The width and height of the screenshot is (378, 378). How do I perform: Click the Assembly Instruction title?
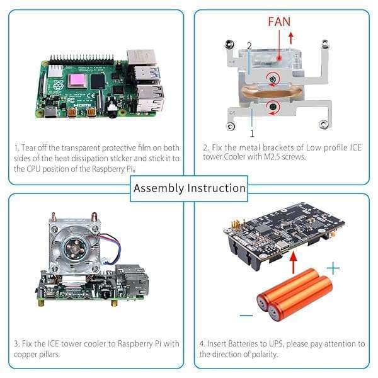click(x=190, y=188)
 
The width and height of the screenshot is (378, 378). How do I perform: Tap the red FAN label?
click(x=279, y=21)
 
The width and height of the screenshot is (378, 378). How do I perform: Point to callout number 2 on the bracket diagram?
click(x=249, y=46)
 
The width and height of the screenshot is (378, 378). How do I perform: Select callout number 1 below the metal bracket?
click(x=252, y=134)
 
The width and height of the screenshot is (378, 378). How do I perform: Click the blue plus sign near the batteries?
click(x=333, y=268)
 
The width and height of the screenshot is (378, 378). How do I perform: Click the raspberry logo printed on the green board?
click(x=59, y=86)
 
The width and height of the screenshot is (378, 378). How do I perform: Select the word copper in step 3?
click(x=28, y=355)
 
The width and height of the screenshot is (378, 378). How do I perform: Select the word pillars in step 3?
click(x=55, y=355)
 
